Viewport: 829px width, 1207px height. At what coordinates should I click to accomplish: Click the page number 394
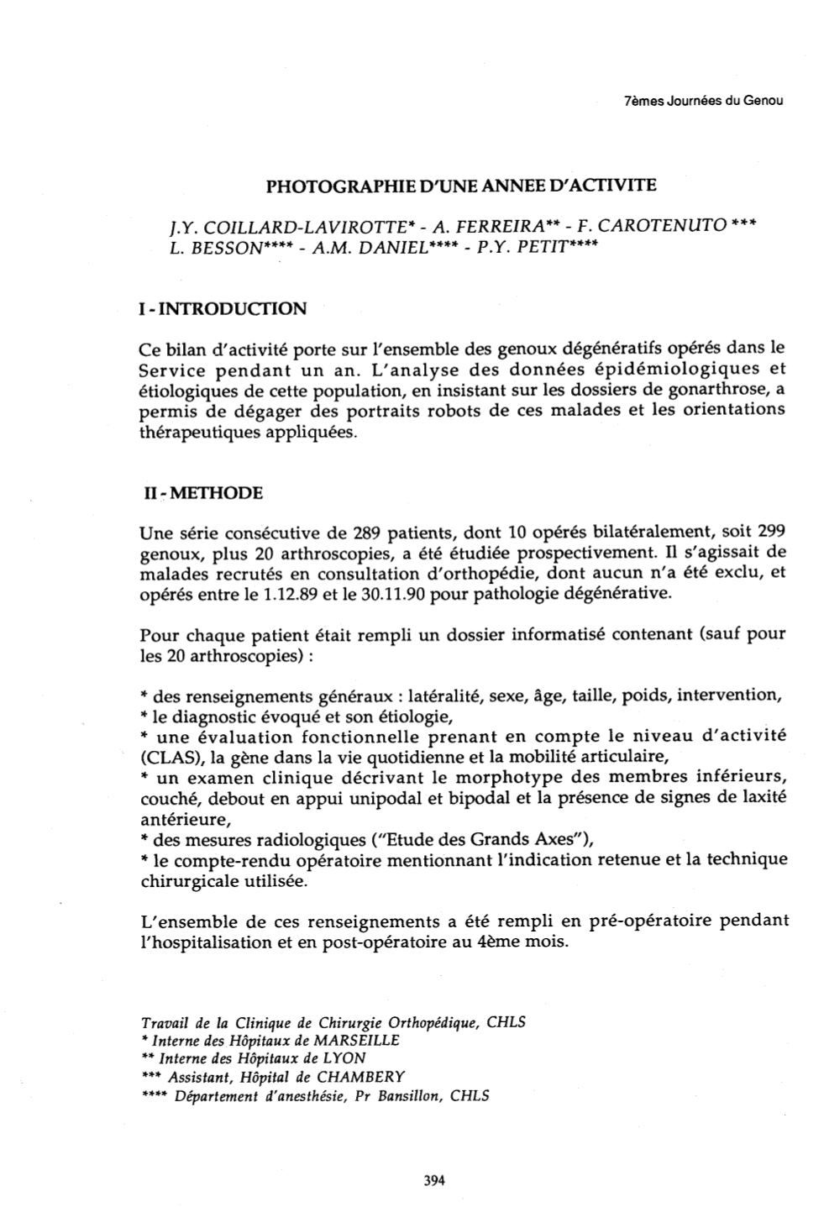tap(433, 1179)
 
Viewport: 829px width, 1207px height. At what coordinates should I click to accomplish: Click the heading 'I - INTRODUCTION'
tap(222, 308)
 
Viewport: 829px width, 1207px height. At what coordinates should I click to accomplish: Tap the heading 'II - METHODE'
tap(202, 492)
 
